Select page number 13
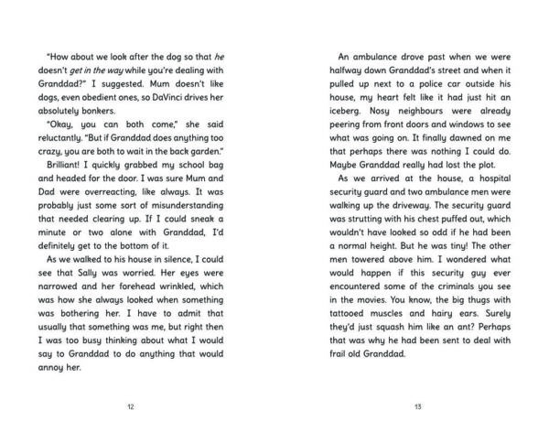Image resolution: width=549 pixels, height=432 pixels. coord(416,403)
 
